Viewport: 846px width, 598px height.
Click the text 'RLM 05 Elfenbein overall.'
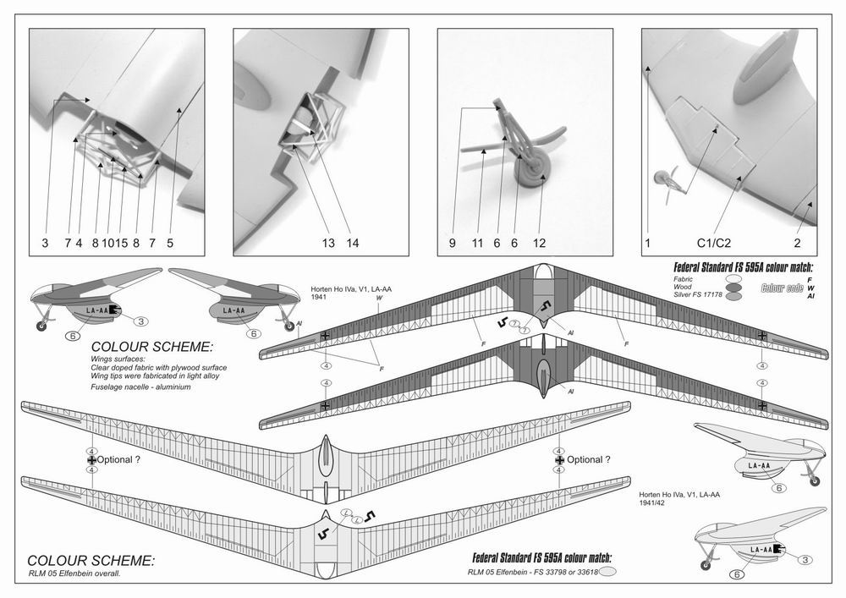pos(77,573)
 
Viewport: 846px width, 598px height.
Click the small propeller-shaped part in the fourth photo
pos(668,181)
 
